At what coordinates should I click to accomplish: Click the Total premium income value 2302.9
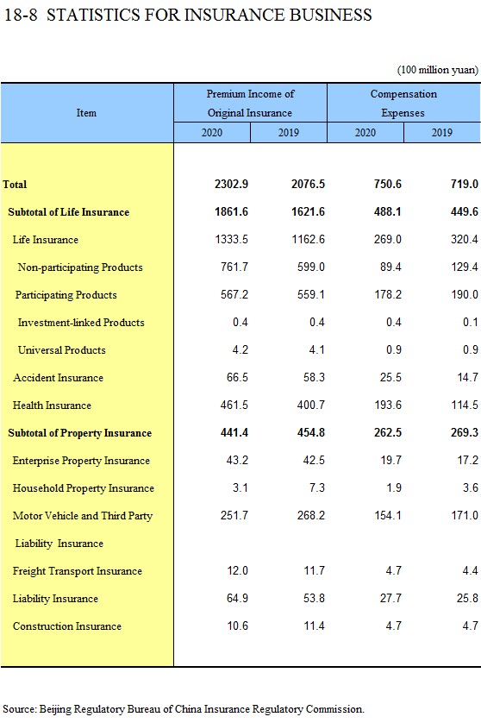click(231, 184)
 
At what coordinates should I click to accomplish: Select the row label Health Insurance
click(52, 406)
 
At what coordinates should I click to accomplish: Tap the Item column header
click(86, 113)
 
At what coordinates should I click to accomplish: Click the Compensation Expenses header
click(403, 104)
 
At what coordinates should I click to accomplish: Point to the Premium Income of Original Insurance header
click(250, 104)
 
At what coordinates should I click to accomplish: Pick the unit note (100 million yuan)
click(438, 70)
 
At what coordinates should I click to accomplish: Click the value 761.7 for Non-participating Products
click(234, 267)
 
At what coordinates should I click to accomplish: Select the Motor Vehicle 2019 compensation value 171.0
click(465, 516)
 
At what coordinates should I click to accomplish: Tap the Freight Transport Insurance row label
click(78, 571)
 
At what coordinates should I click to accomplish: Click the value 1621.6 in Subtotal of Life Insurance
click(308, 211)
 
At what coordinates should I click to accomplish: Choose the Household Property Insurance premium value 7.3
click(317, 487)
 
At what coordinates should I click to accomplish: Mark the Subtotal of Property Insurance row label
click(79, 433)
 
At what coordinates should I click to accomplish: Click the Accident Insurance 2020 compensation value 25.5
click(390, 377)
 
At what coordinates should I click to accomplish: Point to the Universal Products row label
click(62, 350)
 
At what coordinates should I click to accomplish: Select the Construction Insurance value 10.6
click(237, 626)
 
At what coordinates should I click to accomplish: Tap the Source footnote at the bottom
click(184, 709)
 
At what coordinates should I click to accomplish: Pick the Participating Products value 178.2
click(388, 295)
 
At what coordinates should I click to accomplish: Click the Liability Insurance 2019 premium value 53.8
click(314, 598)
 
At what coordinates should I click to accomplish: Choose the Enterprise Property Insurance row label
click(81, 461)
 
